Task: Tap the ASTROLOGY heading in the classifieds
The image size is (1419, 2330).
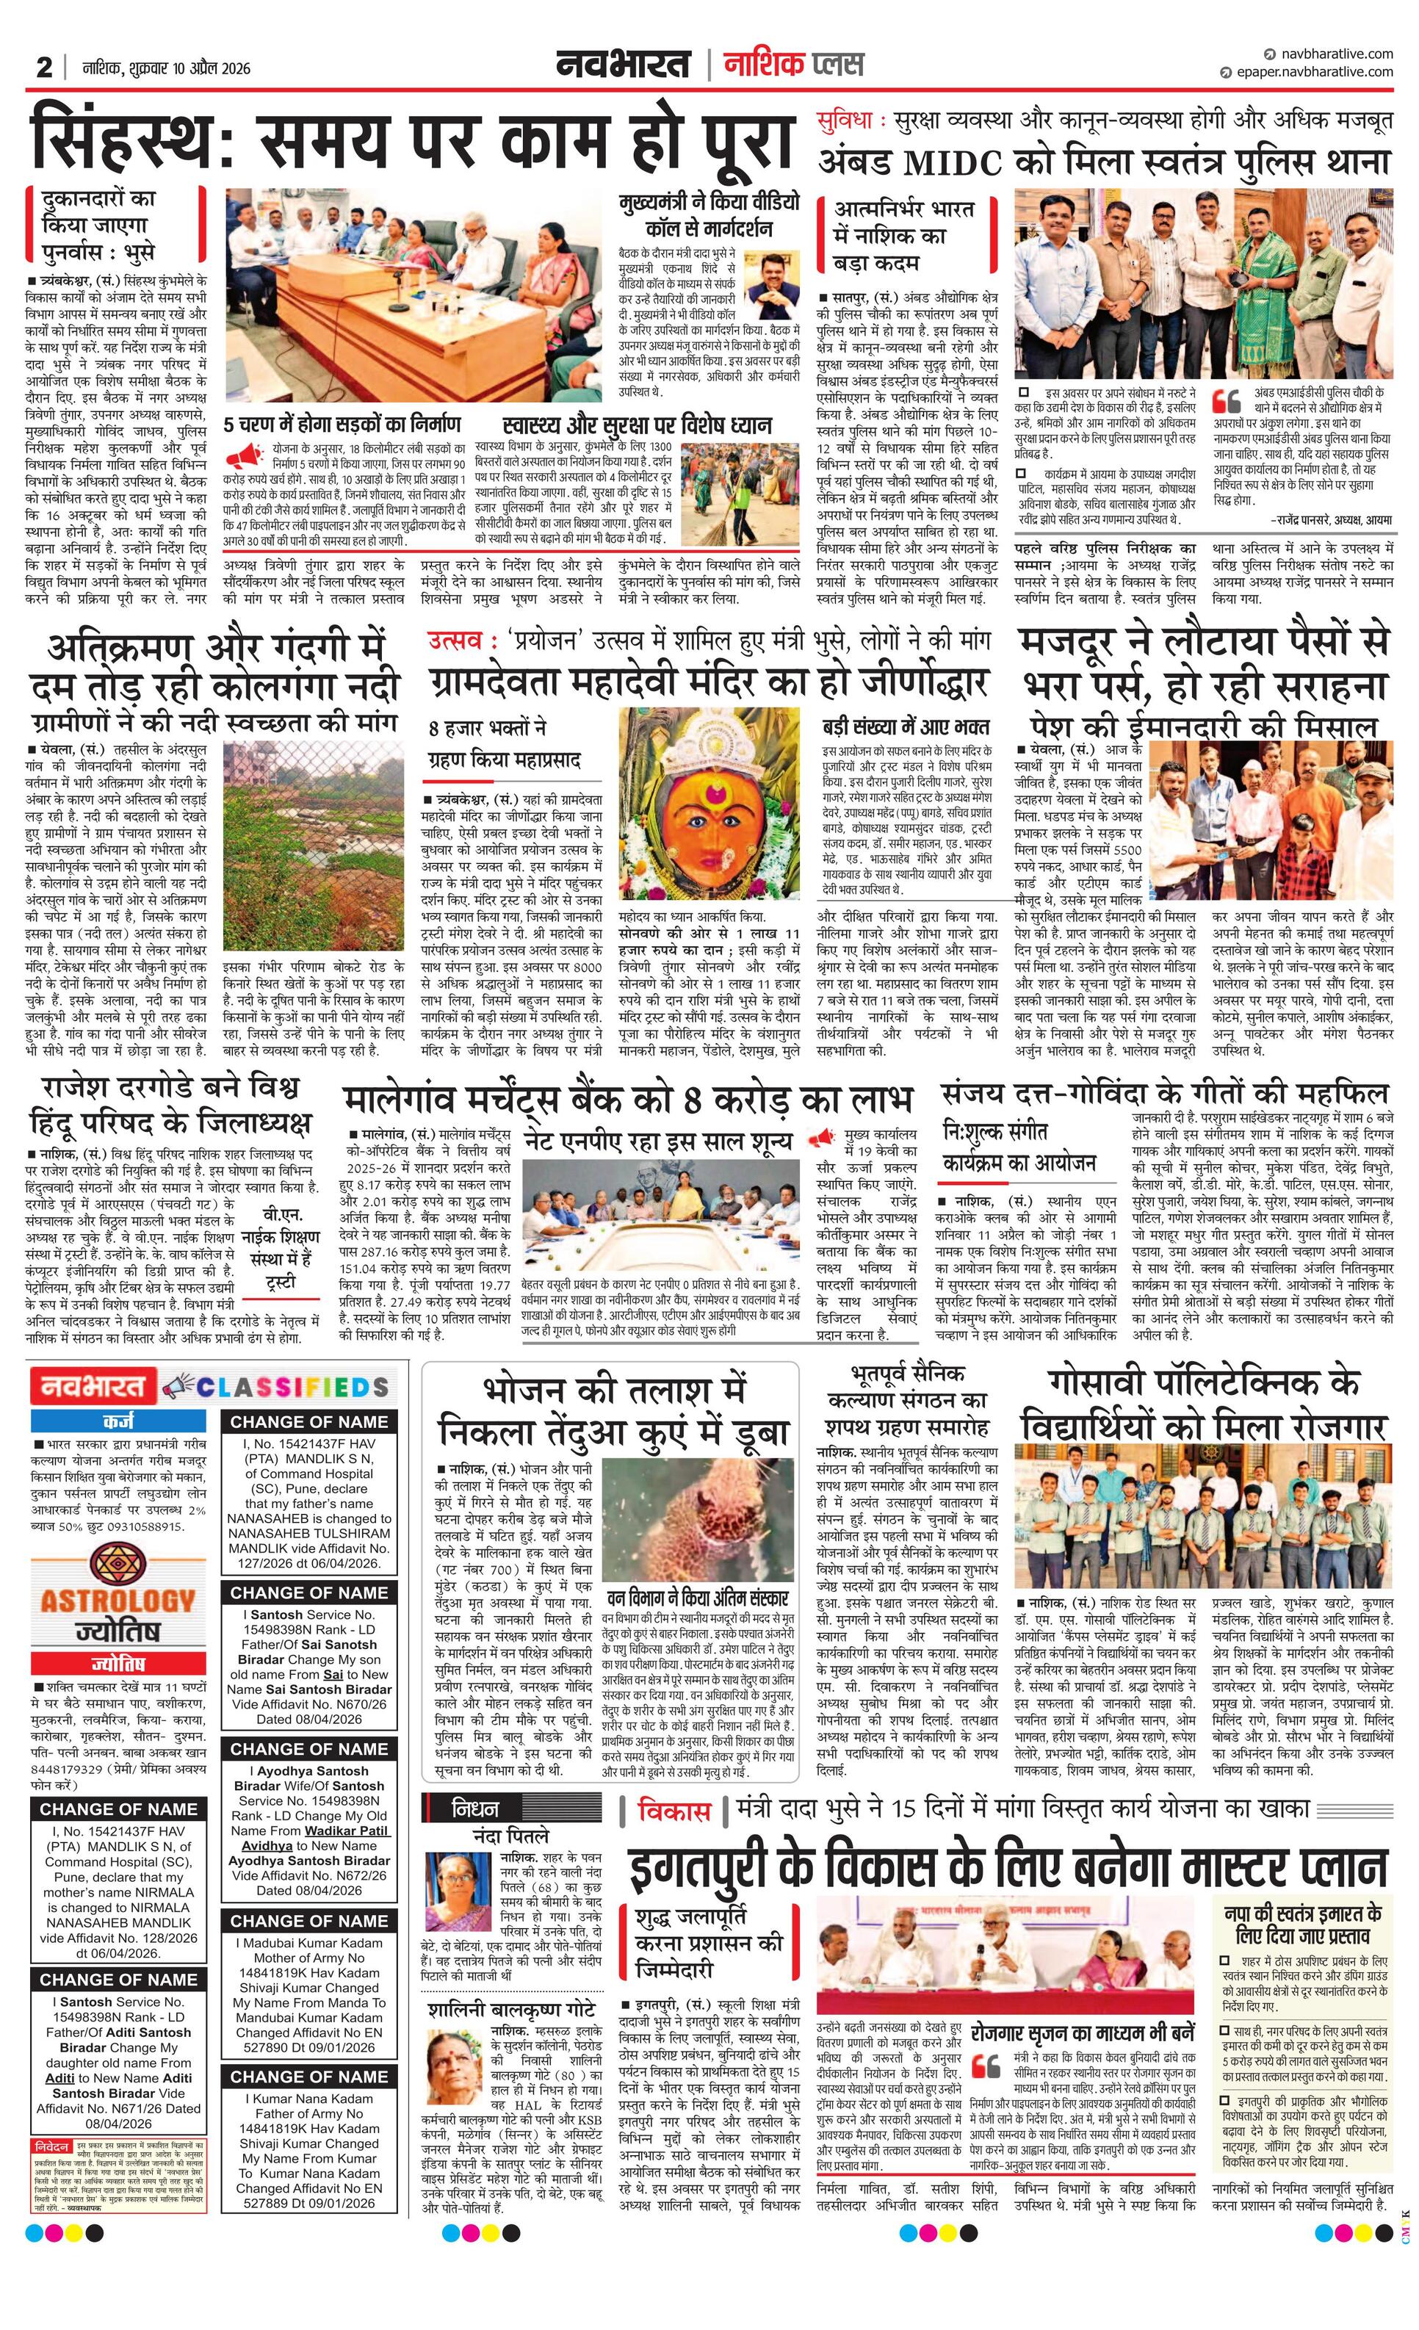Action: click(x=118, y=1601)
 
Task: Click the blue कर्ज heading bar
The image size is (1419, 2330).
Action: click(x=118, y=1421)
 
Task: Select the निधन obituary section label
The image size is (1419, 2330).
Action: click(x=475, y=1809)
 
